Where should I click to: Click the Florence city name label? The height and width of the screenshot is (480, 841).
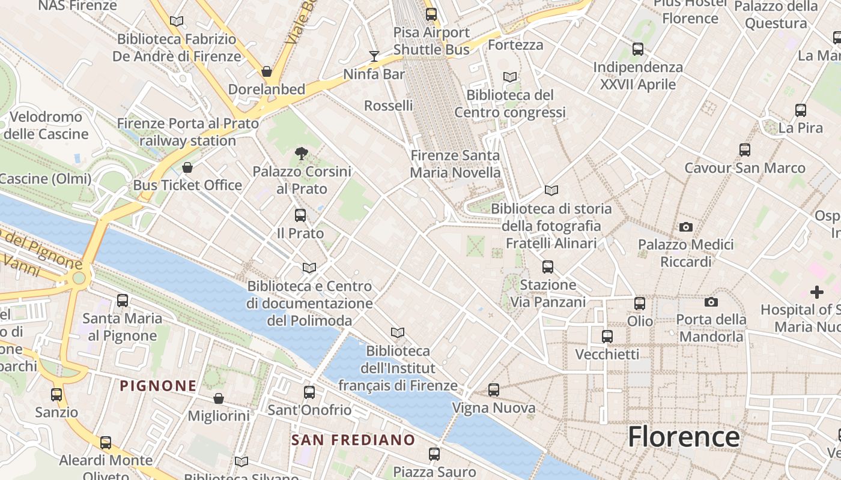(684, 437)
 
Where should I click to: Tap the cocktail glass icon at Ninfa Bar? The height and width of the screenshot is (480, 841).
(374, 56)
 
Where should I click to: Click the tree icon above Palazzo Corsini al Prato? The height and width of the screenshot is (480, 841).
(302, 154)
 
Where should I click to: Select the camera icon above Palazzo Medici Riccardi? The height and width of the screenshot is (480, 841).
(685, 227)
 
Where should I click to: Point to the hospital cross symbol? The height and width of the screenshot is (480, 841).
(816, 292)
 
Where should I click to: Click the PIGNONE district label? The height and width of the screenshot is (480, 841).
(158, 386)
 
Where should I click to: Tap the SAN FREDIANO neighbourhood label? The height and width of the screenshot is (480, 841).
(353, 440)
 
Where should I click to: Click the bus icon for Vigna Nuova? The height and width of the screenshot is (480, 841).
(494, 390)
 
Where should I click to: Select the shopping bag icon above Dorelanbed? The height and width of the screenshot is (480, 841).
(267, 72)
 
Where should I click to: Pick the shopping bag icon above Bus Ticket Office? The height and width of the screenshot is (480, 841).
(187, 167)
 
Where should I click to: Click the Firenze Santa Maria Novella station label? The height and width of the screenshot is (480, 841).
(455, 164)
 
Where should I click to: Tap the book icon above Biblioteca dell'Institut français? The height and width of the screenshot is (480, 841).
(398, 332)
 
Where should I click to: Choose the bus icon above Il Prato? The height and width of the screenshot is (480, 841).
(300, 215)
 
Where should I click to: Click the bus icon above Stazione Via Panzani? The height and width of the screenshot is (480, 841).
(548, 267)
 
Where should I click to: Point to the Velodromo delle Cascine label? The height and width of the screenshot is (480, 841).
(46, 125)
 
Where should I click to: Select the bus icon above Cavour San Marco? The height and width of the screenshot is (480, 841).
(745, 150)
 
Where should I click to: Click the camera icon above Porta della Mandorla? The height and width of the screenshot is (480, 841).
(711, 302)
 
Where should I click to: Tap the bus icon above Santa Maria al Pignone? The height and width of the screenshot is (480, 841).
(123, 301)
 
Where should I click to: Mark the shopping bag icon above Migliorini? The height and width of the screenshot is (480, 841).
(219, 398)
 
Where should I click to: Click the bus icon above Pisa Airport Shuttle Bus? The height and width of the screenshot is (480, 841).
(431, 14)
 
